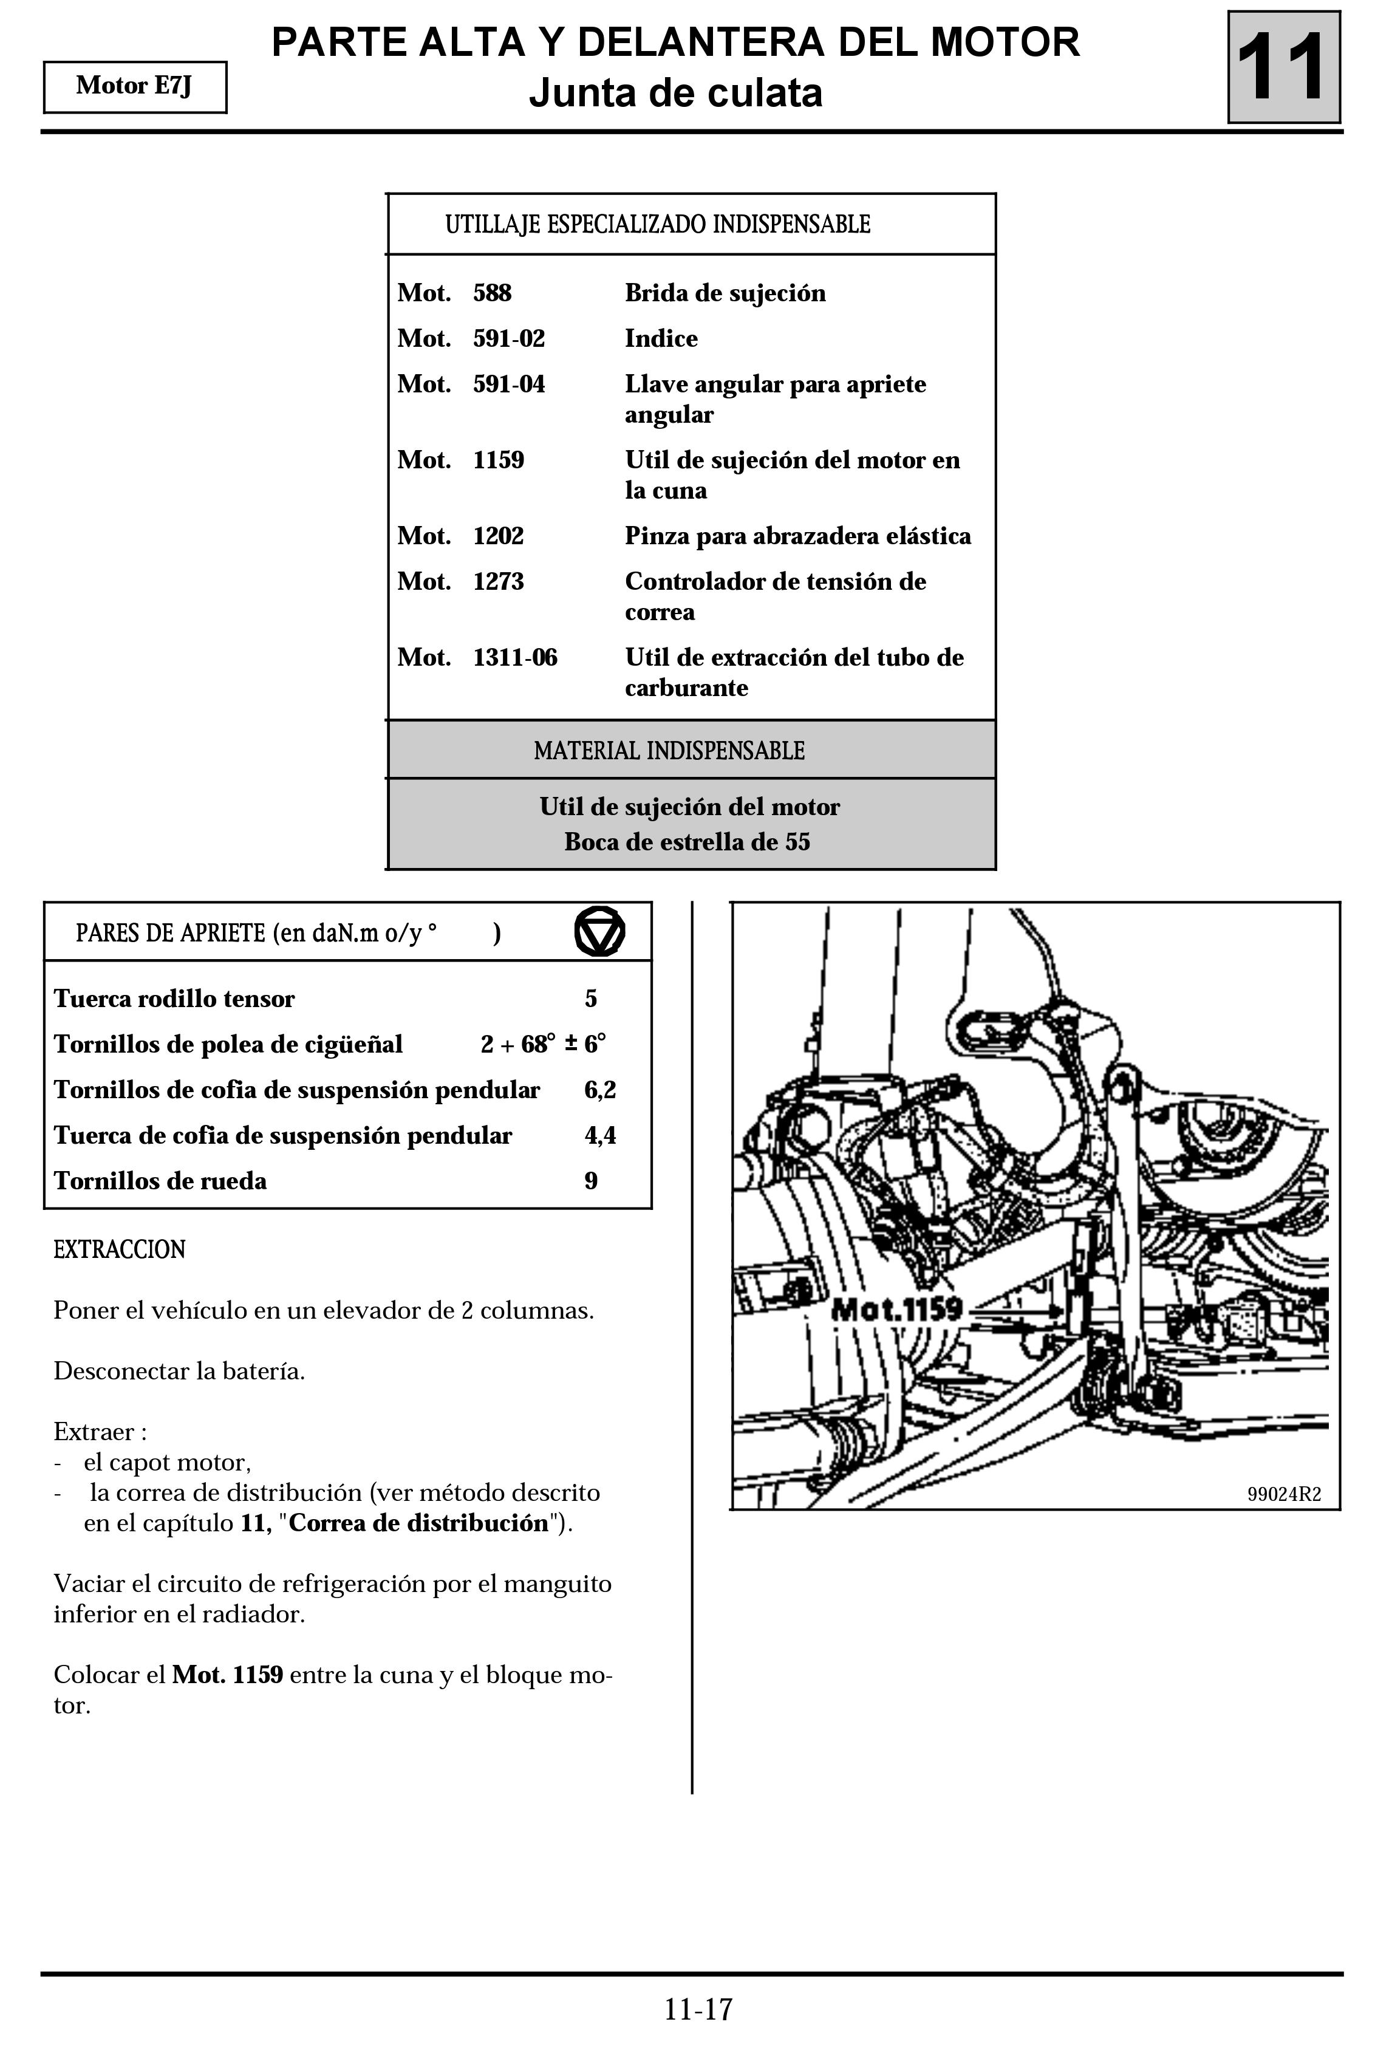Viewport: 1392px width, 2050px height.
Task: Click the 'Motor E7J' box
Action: coord(135,86)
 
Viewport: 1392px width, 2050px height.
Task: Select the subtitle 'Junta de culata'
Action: coord(676,92)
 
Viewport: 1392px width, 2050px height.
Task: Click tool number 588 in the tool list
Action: coord(492,293)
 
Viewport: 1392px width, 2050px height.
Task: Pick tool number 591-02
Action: coord(509,339)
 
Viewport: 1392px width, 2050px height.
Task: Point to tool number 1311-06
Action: coord(515,657)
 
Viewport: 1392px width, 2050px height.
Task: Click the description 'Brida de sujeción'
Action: coord(725,293)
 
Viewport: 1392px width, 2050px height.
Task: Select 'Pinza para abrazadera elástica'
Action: coord(797,536)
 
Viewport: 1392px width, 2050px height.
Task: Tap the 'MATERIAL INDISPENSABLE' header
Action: coord(669,751)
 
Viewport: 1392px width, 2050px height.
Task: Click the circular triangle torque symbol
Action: coord(600,932)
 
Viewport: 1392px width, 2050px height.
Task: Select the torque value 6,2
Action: coord(600,1090)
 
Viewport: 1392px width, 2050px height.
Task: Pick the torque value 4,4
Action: coord(600,1135)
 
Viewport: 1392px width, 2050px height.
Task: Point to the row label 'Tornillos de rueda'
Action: coord(160,1181)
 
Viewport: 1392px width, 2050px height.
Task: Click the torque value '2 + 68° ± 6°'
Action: coord(544,1044)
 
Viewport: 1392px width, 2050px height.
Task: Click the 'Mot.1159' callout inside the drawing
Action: coord(896,1308)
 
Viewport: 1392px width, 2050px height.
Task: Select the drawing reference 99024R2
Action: coord(1283,1494)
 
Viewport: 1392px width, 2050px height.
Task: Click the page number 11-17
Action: coord(698,2009)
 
